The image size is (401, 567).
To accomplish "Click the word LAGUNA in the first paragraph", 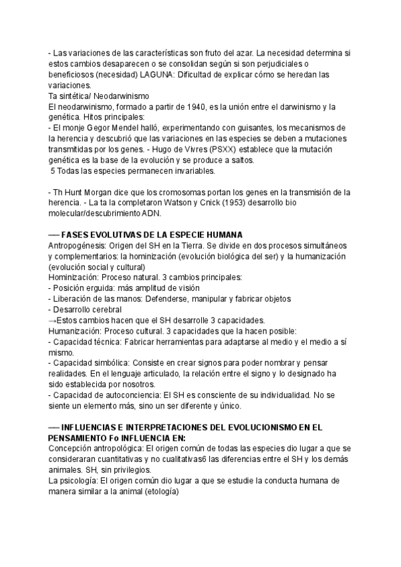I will pos(181,74).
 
